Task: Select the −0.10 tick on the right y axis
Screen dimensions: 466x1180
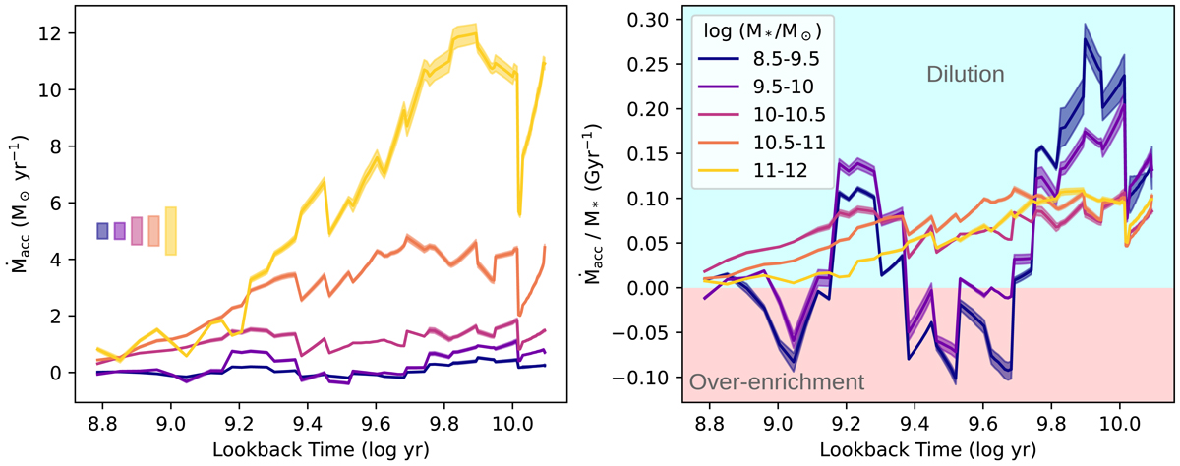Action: coord(648,379)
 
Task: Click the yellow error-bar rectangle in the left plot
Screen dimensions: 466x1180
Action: coord(170,231)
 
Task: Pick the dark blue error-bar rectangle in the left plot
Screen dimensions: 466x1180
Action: coord(102,231)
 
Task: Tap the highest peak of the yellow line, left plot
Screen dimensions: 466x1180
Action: coord(476,33)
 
